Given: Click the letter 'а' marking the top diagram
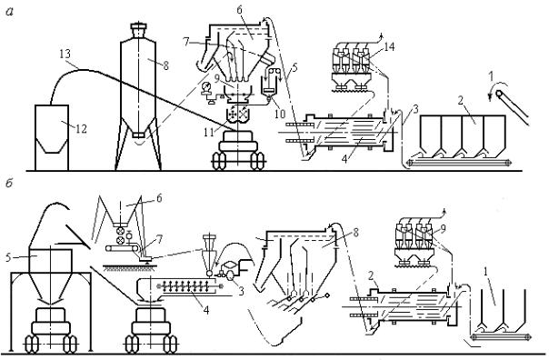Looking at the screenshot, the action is [x=9, y=12].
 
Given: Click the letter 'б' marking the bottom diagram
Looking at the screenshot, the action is [x=9, y=183].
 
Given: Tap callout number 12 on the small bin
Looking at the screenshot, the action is [x=81, y=129].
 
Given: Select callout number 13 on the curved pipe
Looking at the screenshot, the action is [x=65, y=54].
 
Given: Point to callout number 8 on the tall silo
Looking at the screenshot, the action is [x=165, y=65].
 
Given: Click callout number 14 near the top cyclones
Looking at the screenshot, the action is [x=389, y=47].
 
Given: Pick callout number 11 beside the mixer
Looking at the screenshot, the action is [x=209, y=132].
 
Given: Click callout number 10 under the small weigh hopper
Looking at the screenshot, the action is [x=280, y=113].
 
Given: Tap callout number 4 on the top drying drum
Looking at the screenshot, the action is [x=344, y=160].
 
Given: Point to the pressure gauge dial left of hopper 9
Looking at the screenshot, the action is [x=205, y=86].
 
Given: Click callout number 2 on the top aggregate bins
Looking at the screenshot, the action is [x=461, y=101].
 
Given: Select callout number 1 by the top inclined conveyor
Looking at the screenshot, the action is [x=492, y=75].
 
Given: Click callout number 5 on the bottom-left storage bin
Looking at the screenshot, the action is [x=8, y=258].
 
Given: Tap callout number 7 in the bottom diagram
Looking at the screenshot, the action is [x=160, y=240].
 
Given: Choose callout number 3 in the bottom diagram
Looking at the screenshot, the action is [x=241, y=291].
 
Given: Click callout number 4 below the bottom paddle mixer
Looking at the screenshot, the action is [x=206, y=310].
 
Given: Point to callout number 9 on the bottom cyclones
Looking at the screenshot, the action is [x=444, y=229].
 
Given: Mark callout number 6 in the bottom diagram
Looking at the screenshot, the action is [x=159, y=198].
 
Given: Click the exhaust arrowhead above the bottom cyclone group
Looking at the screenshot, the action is [x=444, y=211].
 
